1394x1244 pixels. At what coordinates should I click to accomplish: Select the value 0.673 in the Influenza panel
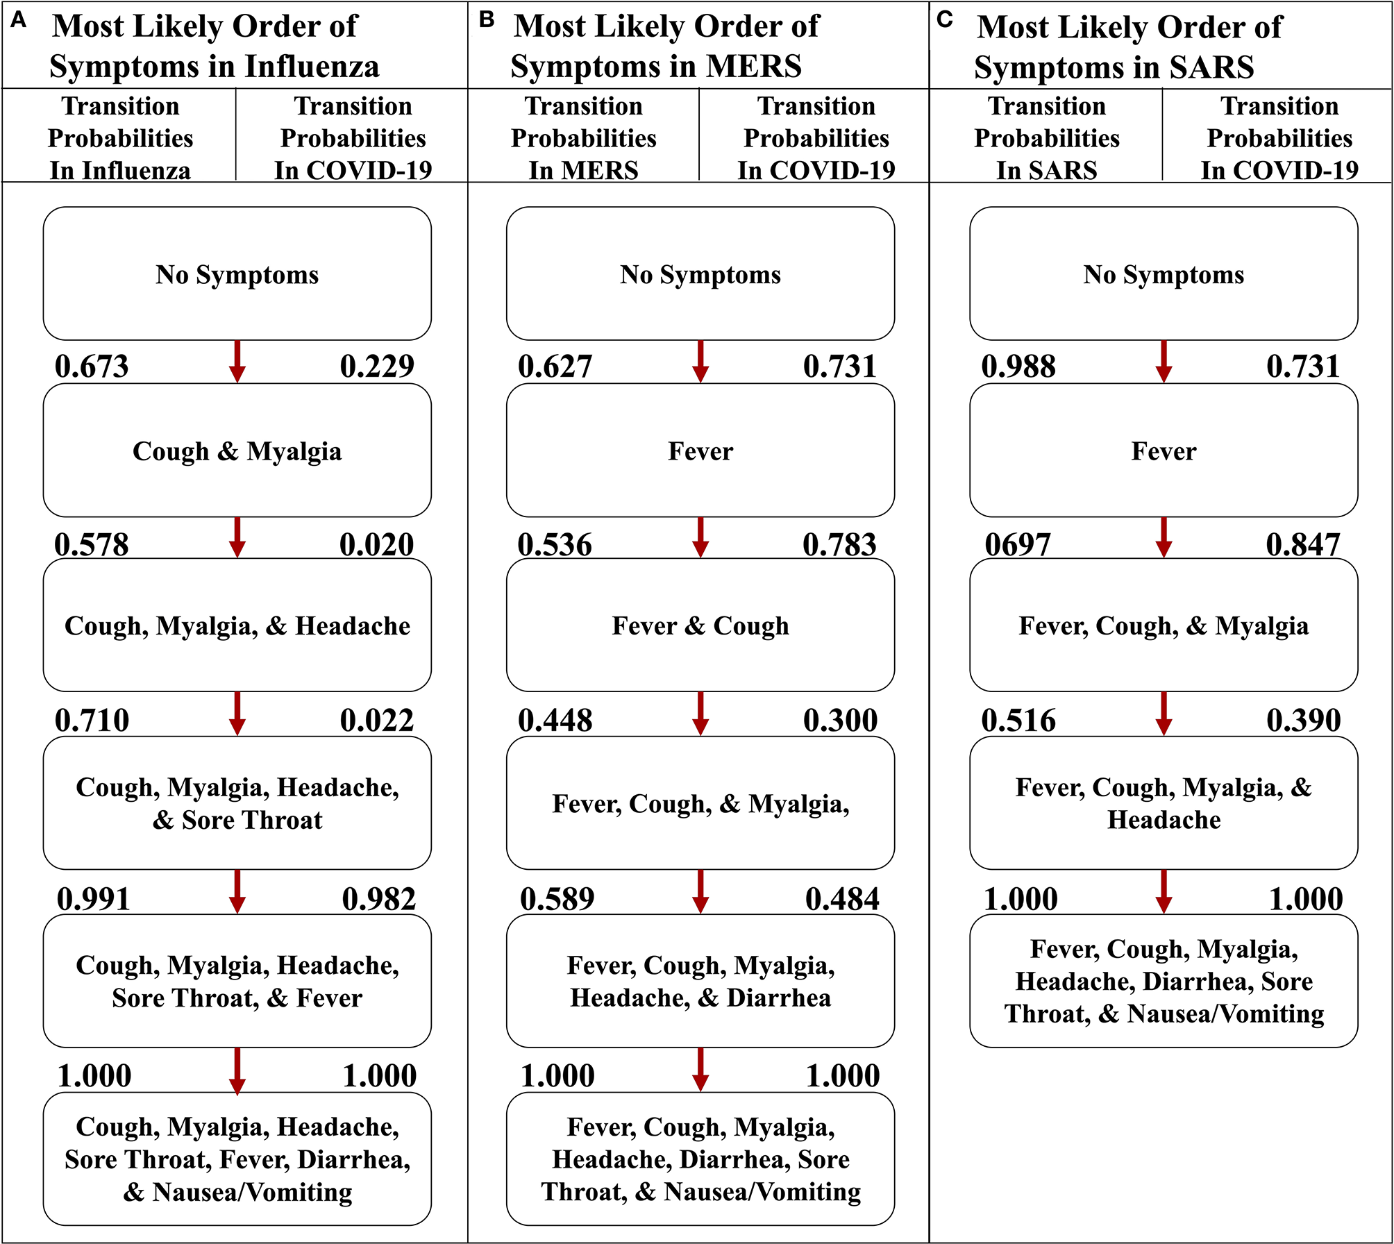point(92,367)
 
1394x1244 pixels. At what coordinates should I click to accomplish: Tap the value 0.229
point(377,367)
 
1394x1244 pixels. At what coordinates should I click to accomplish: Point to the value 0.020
point(377,545)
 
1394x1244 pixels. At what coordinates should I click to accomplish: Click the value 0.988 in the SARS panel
point(1018,367)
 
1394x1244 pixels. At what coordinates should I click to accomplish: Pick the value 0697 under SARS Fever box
point(1018,545)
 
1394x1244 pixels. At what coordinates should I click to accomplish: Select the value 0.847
point(1303,545)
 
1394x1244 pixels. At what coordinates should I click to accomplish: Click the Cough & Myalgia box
point(237,451)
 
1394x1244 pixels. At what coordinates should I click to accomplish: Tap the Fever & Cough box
point(700,625)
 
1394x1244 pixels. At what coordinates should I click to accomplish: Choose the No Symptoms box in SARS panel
point(1164,274)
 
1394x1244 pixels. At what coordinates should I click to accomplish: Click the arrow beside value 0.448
point(700,714)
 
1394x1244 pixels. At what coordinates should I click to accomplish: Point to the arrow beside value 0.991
point(237,892)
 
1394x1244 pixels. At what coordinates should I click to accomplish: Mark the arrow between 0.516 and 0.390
point(1164,714)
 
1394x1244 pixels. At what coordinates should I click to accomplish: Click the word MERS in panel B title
point(753,67)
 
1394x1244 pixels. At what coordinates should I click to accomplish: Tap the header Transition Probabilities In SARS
point(1047,137)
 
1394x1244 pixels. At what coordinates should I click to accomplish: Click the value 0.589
point(557,900)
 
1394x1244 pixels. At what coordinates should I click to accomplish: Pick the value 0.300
point(841,721)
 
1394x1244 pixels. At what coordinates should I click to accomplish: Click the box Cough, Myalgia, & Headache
point(237,625)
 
